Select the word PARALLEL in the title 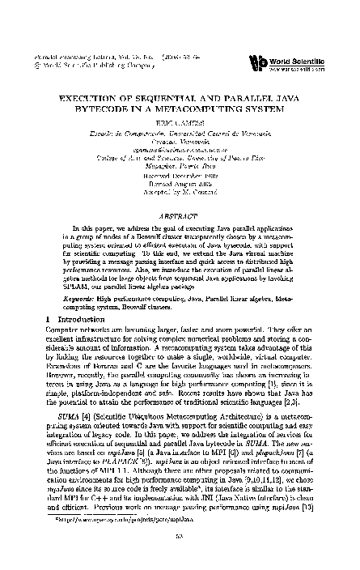point(240,96)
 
